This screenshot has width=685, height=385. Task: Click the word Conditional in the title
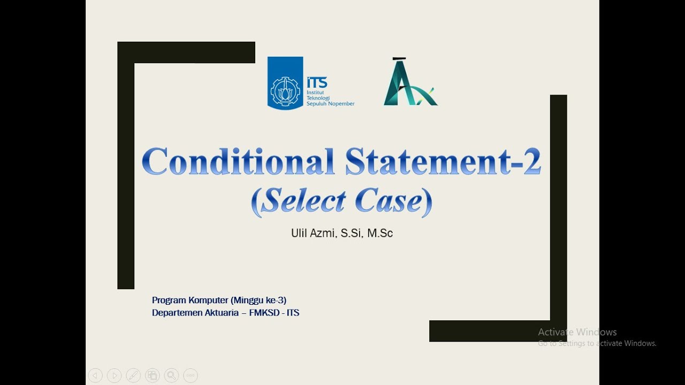(x=238, y=161)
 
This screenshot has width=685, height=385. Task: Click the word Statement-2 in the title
(x=443, y=161)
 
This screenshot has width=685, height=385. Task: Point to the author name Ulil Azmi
(x=313, y=233)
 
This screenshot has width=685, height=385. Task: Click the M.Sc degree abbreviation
(x=380, y=233)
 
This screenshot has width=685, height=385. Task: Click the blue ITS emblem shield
(x=285, y=83)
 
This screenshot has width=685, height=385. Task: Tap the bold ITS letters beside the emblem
(x=317, y=82)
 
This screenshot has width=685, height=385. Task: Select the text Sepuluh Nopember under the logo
(x=330, y=104)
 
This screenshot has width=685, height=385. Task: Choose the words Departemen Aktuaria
(x=195, y=313)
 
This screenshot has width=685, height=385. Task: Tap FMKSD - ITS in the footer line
(x=274, y=313)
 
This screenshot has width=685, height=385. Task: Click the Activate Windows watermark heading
(x=577, y=332)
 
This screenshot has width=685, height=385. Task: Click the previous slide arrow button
(x=95, y=375)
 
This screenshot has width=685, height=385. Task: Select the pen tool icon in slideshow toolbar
(x=133, y=375)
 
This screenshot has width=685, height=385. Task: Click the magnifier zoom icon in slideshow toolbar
(x=171, y=375)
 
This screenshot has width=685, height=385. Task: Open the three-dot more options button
(x=191, y=375)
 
